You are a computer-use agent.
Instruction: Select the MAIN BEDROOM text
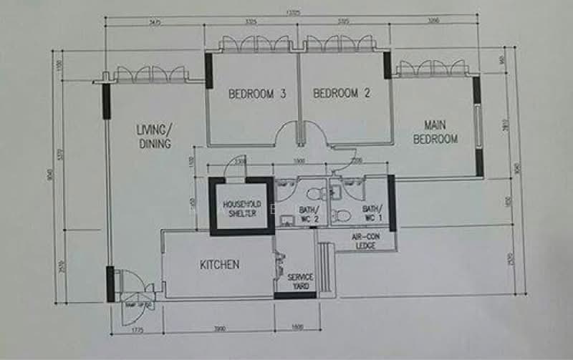coord(435,132)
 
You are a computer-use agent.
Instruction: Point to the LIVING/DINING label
coord(154,136)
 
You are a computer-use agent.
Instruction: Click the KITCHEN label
coord(218,265)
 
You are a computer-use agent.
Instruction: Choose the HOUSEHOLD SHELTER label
coord(242,208)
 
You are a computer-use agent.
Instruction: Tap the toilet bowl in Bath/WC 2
coord(312,194)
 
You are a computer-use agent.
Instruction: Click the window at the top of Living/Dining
coord(152,74)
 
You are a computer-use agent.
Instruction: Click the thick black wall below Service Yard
coord(295,295)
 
